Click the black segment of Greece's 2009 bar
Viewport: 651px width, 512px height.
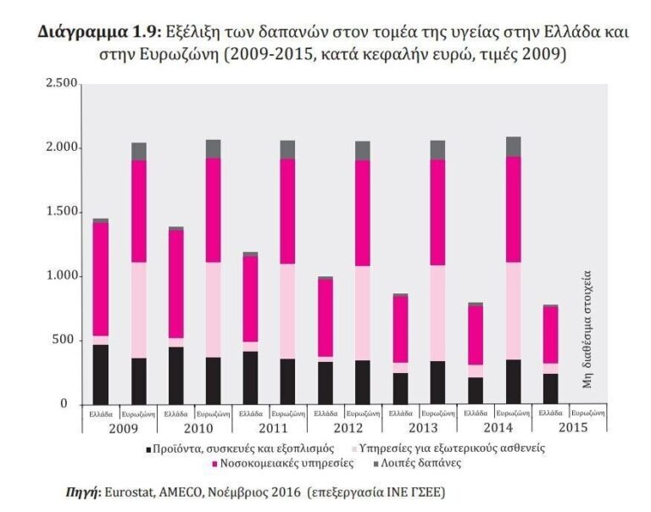tap(100, 374)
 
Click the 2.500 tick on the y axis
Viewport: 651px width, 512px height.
tap(61, 84)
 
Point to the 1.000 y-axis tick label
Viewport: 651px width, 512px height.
tap(61, 276)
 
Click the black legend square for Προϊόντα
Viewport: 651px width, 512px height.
tap(149, 448)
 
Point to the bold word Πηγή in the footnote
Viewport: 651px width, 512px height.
tap(81, 492)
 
